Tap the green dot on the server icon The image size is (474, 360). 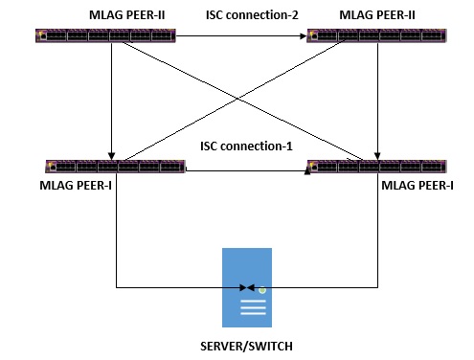[x=261, y=288]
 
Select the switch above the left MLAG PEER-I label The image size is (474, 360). [x=115, y=167]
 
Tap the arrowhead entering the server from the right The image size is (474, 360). [x=251, y=287]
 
